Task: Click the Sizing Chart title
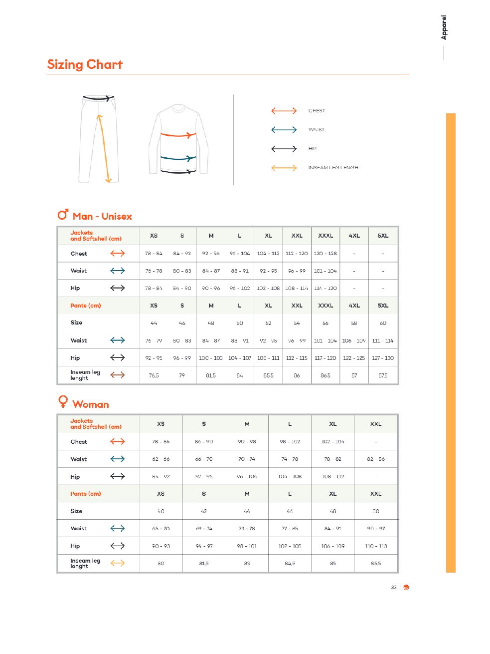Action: (85, 64)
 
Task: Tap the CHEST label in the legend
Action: (317, 111)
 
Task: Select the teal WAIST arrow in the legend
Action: (284, 130)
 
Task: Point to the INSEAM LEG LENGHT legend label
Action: (334, 168)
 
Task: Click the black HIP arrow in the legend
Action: (284, 149)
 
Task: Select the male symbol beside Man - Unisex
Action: (63, 215)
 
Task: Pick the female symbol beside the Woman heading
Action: (63, 401)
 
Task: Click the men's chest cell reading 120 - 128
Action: (326, 254)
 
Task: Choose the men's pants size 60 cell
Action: (383, 323)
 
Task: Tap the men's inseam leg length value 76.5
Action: (154, 375)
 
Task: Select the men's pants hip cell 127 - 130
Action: (383, 358)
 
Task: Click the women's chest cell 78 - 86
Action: (161, 442)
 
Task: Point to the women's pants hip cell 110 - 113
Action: (376, 546)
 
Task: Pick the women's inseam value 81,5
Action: (204, 564)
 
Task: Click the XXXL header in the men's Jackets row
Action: (326, 236)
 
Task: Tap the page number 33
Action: (394, 588)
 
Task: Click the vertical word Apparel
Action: (444, 27)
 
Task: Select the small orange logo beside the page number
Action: (406, 588)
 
